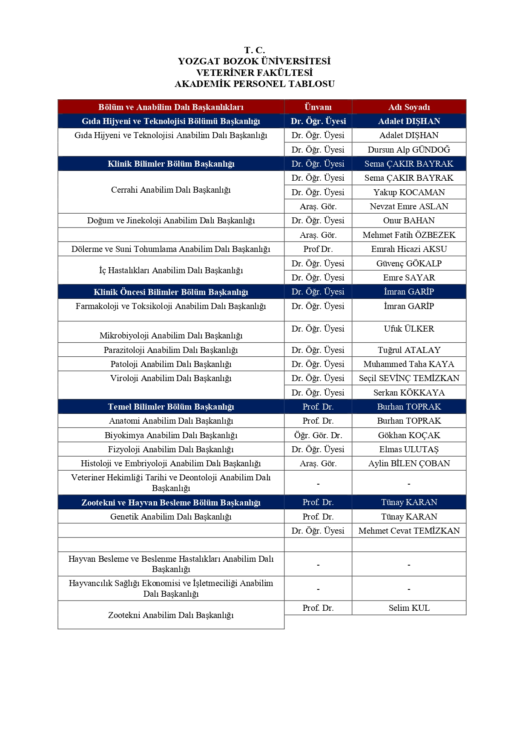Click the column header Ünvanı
[x=318, y=107]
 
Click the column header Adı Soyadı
[x=409, y=107]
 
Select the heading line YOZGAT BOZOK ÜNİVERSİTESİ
[x=254, y=61]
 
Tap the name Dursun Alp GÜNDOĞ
[x=409, y=150]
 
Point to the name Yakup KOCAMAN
[x=409, y=192]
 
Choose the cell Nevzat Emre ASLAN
[x=409, y=206]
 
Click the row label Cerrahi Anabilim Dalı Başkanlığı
[x=171, y=190]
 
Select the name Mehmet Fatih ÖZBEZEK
[x=409, y=235]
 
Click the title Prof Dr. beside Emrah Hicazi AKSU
[x=318, y=249]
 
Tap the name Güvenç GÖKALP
[x=409, y=263]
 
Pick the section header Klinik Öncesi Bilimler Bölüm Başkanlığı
[x=171, y=292]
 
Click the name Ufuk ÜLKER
[x=409, y=329]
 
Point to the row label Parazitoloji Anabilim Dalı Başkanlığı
[x=171, y=350]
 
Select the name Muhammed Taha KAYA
[x=409, y=364]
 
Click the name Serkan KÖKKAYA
[x=409, y=393]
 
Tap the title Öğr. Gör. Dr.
[x=318, y=435]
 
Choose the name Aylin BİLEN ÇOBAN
[x=409, y=463]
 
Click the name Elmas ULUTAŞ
[x=409, y=449]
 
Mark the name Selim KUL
[x=409, y=608]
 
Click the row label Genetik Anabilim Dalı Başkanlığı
[x=171, y=517]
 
